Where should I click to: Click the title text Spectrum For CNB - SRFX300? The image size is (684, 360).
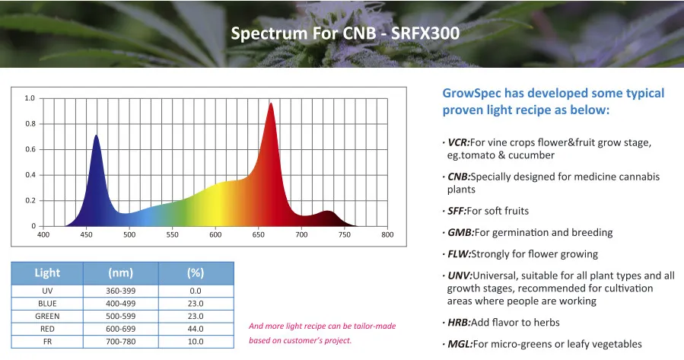(x=344, y=34)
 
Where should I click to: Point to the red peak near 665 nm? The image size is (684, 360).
(x=270, y=104)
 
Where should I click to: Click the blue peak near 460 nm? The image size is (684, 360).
(x=96, y=136)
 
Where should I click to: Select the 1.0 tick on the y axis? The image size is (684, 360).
(x=30, y=98)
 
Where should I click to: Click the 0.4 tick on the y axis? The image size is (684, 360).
(x=30, y=175)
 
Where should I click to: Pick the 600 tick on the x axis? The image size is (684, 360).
(x=215, y=234)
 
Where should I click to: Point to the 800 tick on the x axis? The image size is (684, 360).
(x=387, y=234)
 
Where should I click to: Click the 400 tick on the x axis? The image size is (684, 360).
(x=43, y=234)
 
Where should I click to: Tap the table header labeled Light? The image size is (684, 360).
(x=47, y=272)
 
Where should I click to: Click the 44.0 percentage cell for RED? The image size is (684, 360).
(x=196, y=328)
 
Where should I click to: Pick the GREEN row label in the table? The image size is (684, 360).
(x=47, y=316)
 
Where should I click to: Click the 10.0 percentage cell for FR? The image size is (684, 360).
(x=196, y=341)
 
